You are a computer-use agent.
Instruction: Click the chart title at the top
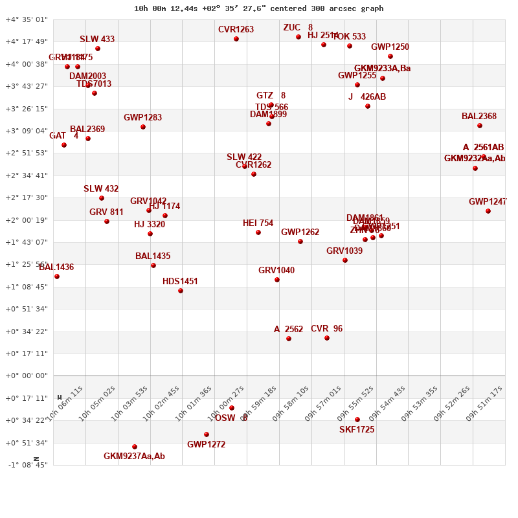pyautogui.click(x=258, y=8)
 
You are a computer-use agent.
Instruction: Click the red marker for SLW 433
pyautogui.click(x=98, y=49)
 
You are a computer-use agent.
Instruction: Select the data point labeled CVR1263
pyautogui.click(x=236, y=39)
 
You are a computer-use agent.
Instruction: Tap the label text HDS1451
pyautogui.click(x=180, y=282)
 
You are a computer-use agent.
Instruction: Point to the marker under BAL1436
pyautogui.click(x=57, y=276)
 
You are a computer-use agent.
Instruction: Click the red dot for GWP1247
pyautogui.click(x=488, y=211)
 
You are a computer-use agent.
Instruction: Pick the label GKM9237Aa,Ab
pyautogui.click(x=134, y=456)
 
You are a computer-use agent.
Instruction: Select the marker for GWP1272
pyautogui.click(x=207, y=434)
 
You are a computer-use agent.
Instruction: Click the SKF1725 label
pyautogui.click(x=357, y=430)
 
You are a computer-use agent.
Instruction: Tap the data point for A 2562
pyautogui.click(x=289, y=339)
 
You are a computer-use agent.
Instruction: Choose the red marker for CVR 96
pyautogui.click(x=327, y=338)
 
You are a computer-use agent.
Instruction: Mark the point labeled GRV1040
pyautogui.click(x=277, y=280)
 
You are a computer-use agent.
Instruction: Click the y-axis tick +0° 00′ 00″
pyautogui.click(x=27, y=376)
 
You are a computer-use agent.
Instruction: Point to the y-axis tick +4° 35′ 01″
pyautogui.click(x=27, y=20)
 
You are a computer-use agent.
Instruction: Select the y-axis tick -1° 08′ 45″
pyautogui.click(x=27, y=465)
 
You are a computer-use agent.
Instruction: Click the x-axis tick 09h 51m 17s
pyautogui.click(x=484, y=404)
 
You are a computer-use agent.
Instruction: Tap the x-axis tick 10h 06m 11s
pyautogui.click(x=65, y=404)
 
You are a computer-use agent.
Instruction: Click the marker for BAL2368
pyautogui.click(x=480, y=126)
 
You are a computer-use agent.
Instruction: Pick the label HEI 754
pyautogui.click(x=258, y=223)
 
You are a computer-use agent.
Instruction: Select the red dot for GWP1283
pyautogui.click(x=143, y=127)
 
